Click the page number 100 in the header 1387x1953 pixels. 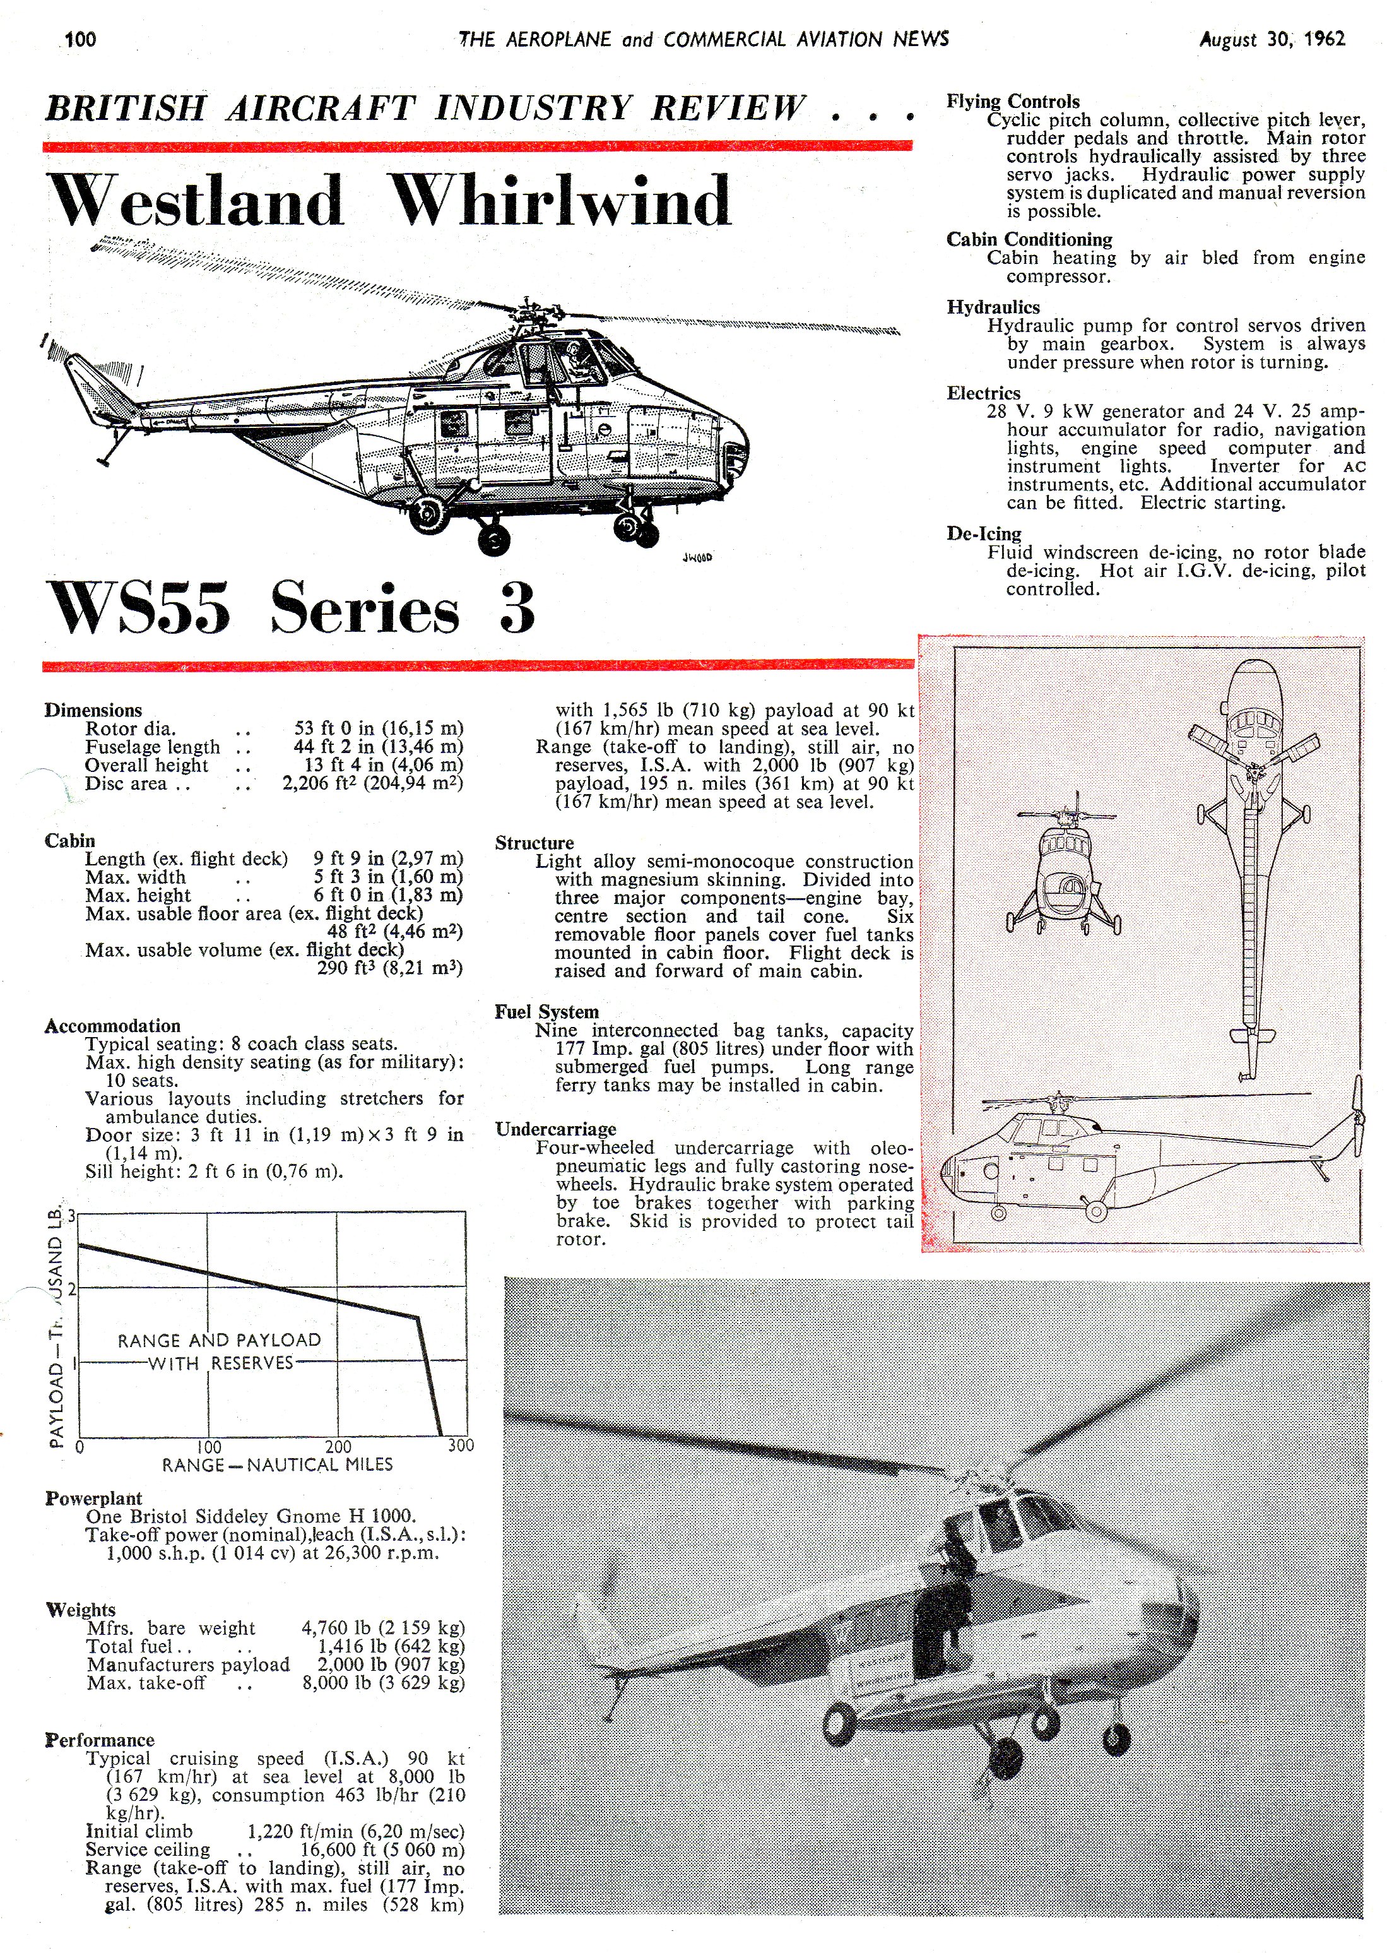pyautogui.click(x=80, y=39)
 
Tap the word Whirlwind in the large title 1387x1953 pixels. pyautogui.click(x=560, y=201)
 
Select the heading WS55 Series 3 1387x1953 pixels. pyautogui.click(x=290, y=608)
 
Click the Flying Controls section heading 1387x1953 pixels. pyautogui.click(x=1012, y=102)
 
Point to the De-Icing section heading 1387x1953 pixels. pyautogui.click(x=983, y=534)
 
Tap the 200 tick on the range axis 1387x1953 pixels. pyautogui.click(x=338, y=1446)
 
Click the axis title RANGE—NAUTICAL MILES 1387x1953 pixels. pyautogui.click(x=277, y=1464)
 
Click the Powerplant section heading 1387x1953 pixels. pyautogui.click(x=93, y=1498)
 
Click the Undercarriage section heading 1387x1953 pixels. pyautogui.click(x=555, y=1129)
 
